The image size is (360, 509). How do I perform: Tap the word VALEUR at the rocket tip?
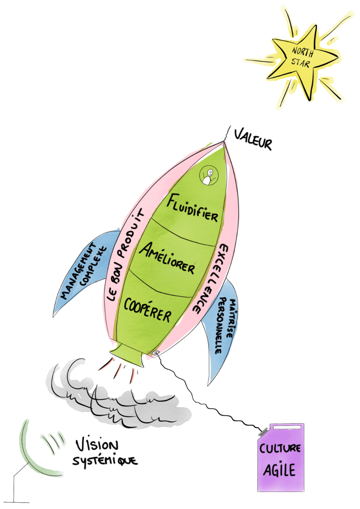pos(253,139)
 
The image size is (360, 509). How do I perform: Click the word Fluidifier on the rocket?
pos(192,208)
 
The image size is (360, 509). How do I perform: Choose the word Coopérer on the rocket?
pos(148,310)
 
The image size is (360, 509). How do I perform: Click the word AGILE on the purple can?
pos(279,470)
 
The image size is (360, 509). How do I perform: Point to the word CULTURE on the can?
pos(280,448)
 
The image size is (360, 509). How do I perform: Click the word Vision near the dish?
pos(97,445)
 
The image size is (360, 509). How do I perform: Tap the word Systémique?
pos(105,461)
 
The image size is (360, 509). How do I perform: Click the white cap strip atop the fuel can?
pos(287,427)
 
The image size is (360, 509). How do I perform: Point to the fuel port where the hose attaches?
pos(155,353)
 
